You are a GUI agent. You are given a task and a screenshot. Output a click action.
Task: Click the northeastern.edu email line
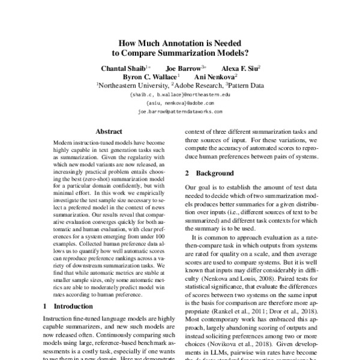point(180,95)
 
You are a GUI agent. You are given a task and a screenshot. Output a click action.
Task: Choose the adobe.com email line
point(180,103)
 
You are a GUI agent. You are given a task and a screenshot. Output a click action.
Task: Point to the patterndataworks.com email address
point(180,112)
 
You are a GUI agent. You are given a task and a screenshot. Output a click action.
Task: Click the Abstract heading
point(109,131)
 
